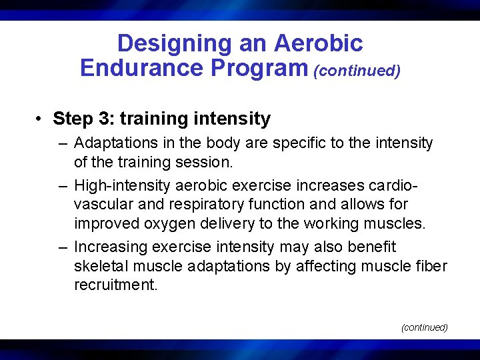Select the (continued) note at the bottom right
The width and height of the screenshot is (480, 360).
tap(424, 327)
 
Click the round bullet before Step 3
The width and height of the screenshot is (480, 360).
tap(41, 119)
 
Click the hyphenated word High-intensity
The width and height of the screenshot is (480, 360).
tap(117, 185)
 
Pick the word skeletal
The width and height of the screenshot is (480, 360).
tap(99, 266)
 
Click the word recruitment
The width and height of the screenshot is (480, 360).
tap(115, 285)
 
